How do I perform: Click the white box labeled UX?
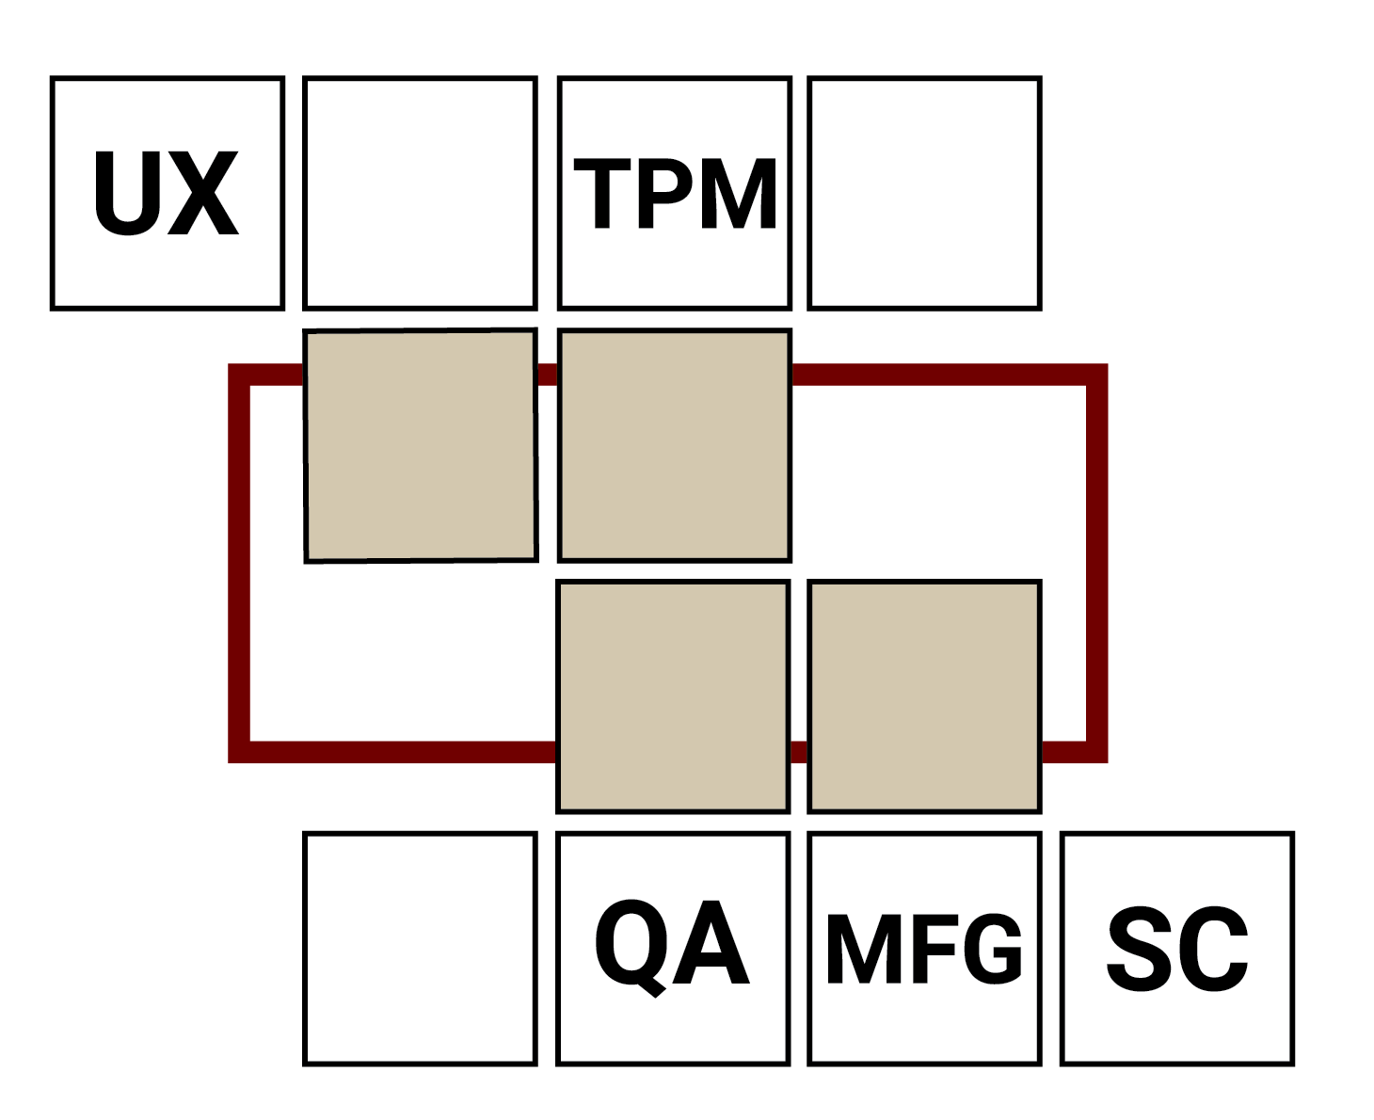pyautogui.click(x=168, y=193)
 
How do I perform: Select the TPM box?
pyautogui.click(x=674, y=193)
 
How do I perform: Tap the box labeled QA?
pyautogui.click(x=673, y=948)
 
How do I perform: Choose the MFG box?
pyautogui.click(x=924, y=948)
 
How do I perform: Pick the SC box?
pyautogui.click(x=1176, y=948)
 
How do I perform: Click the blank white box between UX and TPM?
pyautogui.click(x=420, y=193)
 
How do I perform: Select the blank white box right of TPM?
pyautogui.click(x=924, y=193)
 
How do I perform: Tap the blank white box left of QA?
pyautogui.click(x=420, y=948)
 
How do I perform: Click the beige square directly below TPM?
pyautogui.click(x=674, y=445)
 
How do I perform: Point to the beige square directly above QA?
pyautogui.click(x=673, y=696)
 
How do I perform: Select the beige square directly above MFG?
pyautogui.click(x=924, y=696)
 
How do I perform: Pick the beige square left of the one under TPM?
pyautogui.click(x=421, y=445)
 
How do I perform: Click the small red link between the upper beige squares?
pyautogui.click(x=547, y=375)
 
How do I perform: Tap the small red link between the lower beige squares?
pyautogui.click(x=799, y=752)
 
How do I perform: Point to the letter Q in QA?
pyautogui.click(x=629, y=945)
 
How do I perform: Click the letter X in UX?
pyautogui.click(x=203, y=193)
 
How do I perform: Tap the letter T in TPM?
pyautogui.click(x=602, y=193)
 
